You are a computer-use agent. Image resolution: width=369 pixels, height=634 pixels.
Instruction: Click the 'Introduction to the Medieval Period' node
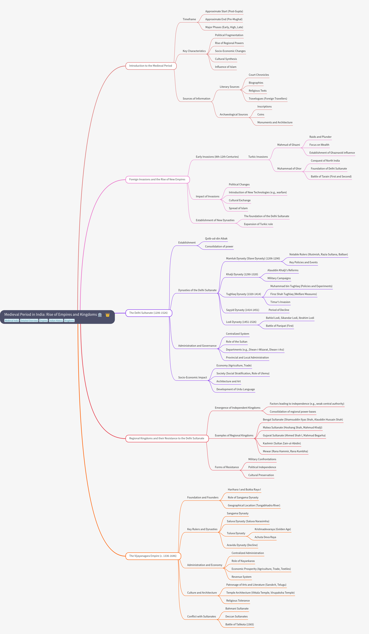tap(151, 66)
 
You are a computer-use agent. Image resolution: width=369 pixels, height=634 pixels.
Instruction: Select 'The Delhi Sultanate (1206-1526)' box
tap(149, 313)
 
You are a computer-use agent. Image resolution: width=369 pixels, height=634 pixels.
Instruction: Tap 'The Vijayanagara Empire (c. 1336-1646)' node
tap(153, 556)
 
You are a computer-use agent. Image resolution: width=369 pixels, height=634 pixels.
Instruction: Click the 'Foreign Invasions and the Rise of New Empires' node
tap(157, 180)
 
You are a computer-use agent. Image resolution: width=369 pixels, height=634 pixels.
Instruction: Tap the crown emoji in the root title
tap(108, 315)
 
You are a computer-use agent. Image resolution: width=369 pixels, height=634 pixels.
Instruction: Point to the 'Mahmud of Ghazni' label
tap(289, 145)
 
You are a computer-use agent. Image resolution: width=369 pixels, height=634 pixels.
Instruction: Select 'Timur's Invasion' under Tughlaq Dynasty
tap(280, 302)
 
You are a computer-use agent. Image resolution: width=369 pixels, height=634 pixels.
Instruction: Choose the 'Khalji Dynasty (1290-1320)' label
tap(242, 275)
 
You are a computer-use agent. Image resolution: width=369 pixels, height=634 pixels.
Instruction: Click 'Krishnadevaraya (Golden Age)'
tap(273, 529)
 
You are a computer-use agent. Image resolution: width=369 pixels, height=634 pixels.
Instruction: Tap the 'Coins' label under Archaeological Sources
tap(261, 115)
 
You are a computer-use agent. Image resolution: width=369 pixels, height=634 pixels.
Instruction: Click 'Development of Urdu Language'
tap(236, 389)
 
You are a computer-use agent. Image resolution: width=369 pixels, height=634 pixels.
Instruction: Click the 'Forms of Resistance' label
tap(227, 467)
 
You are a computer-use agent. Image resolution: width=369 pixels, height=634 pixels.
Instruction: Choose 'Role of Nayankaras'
tap(243, 561)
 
